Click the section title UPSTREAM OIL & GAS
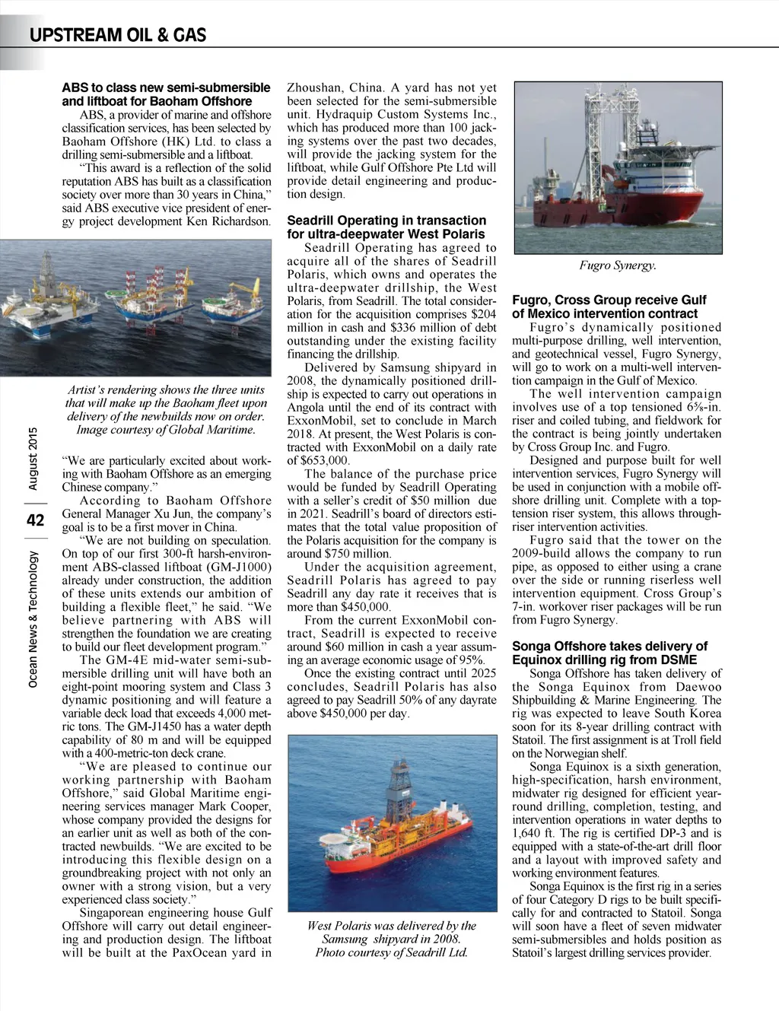point(118,35)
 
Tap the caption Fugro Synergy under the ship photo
point(618,265)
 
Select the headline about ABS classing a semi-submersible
point(166,94)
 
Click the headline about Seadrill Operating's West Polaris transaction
point(386,227)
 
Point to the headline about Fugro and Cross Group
point(609,307)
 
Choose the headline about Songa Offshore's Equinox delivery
point(609,653)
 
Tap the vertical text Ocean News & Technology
point(33,620)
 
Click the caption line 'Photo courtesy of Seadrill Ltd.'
point(391,952)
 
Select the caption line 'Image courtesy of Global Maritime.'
point(166,430)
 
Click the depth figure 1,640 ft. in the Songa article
point(534,833)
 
